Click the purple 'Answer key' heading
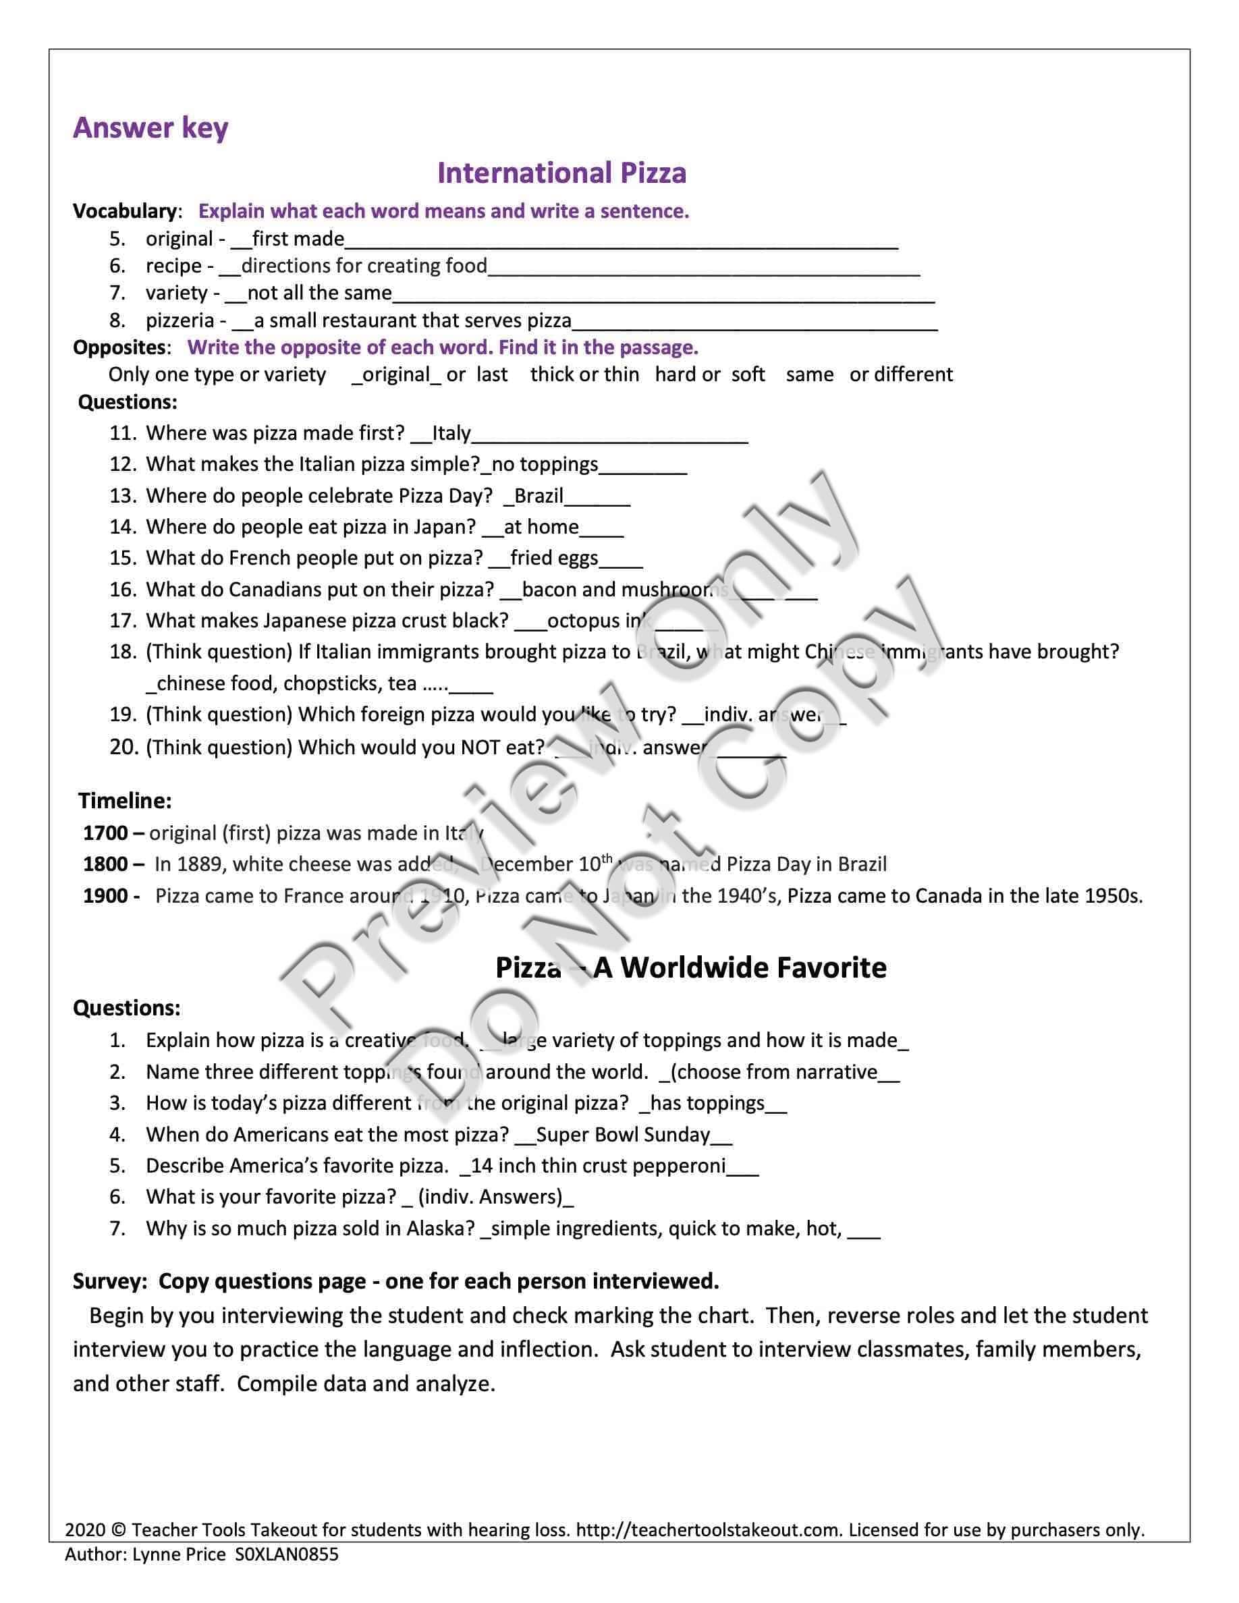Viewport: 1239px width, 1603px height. (x=150, y=128)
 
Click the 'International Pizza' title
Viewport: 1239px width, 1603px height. (x=561, y=173)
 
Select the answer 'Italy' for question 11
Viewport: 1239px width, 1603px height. (x=451, y=433)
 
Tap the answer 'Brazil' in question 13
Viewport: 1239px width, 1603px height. (x=539, y=495)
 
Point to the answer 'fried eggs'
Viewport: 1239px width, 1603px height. (x=554, y=558)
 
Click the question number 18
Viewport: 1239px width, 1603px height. (x=123, y=652)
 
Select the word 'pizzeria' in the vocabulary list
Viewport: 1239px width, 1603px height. (x=180, y=320)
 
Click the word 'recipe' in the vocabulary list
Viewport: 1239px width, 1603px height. (x=173, y=266)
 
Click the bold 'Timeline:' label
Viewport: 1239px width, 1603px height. (x=125, y=801)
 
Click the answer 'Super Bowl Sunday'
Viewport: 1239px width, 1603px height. (x=623, y=1135)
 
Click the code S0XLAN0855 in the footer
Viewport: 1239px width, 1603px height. (x=287, y=1554)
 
